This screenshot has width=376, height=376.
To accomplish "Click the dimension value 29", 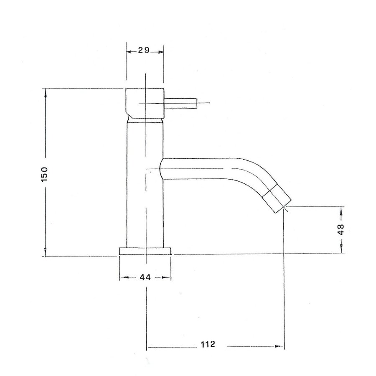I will [x=144, y=51].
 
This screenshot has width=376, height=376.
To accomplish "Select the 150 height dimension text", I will [x=46, y=173].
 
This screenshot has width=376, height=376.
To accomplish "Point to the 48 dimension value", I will [x=341, y=229].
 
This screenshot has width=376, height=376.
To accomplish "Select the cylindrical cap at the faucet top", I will [x=145, y=103].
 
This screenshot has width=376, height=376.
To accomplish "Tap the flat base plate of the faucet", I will [x=145, y=250].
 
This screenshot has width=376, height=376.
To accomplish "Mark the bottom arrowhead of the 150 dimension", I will [x=46, y=253].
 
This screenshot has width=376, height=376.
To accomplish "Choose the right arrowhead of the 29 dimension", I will [x=160, y=51].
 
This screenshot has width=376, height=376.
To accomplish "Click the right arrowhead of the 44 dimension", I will [x=168, y=277].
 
